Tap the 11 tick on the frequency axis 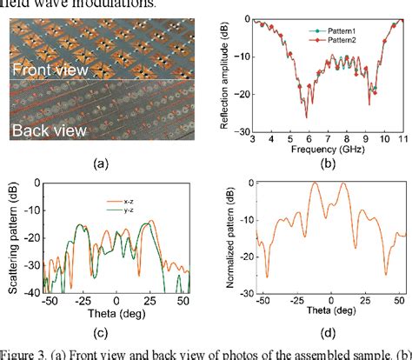[x=400, y=138]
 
